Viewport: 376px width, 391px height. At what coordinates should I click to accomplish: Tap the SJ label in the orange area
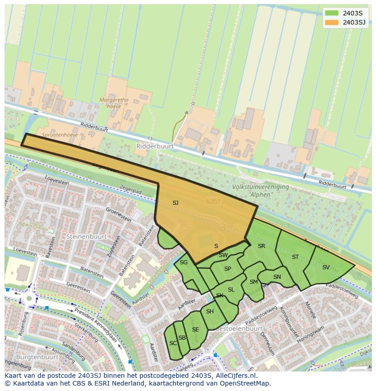(175, 203)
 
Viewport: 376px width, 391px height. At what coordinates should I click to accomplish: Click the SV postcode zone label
(326, 267)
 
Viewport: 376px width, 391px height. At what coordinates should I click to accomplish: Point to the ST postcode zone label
(295, 257)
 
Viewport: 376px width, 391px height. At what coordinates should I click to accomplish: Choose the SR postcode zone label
(261, 246)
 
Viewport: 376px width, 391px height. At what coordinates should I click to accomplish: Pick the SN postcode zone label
(277, 277)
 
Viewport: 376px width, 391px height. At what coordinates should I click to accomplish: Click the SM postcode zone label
(253, 282)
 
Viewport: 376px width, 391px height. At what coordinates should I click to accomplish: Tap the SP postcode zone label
(228, 269)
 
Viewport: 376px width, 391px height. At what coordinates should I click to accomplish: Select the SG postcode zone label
(183, 262)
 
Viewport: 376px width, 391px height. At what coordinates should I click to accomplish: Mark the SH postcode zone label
(209, 312)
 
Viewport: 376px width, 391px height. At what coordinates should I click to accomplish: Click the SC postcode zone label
(173, 343)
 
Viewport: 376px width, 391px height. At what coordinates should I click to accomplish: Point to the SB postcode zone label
(182, 338)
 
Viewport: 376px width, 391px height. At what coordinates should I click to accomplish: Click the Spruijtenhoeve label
(60, 135)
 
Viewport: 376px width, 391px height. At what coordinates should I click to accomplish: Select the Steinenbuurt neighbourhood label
(86, 237)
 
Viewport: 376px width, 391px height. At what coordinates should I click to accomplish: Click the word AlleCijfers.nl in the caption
(235, 376)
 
